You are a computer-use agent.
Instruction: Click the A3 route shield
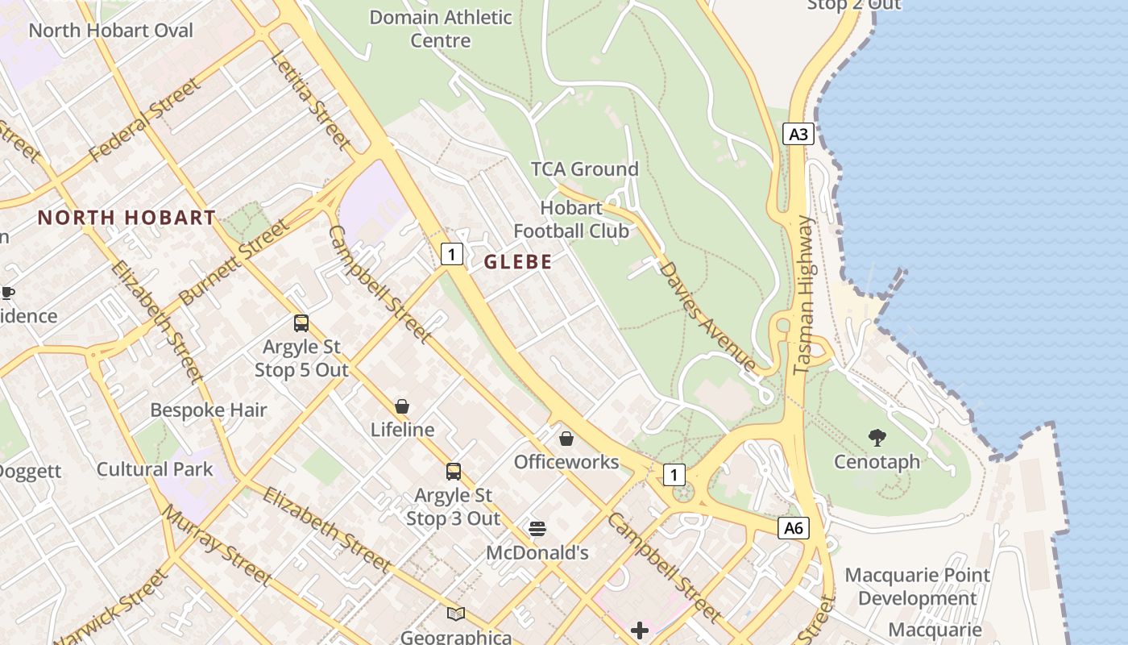(798, 134)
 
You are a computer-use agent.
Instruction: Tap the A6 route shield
(794, 528)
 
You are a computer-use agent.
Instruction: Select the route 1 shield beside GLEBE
(452, 255)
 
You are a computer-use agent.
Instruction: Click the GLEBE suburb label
(518, 262)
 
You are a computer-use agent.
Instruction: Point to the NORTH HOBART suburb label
(126, 218)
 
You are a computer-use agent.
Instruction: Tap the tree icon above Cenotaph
(877, 438)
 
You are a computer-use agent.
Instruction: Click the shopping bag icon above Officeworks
(566, 439)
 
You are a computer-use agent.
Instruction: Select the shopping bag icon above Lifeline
(402, 406)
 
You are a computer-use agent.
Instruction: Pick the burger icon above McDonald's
(537, 529)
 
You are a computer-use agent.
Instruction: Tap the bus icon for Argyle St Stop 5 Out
(301, 323)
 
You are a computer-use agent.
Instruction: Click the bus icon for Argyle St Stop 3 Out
(454, 472)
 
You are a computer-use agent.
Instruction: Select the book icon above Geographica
(456, 614)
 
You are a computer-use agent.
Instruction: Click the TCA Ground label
(584, 169)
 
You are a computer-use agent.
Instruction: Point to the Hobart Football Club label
(571, 219)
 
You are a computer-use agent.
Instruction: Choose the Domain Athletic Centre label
(440, 28)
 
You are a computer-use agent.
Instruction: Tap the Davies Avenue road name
(707, 315)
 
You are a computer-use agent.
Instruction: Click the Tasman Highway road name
(804, 295)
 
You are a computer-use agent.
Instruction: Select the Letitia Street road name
(311, 101)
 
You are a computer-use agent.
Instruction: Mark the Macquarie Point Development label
(917, 587)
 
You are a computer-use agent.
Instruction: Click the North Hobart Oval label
(111, 31)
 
